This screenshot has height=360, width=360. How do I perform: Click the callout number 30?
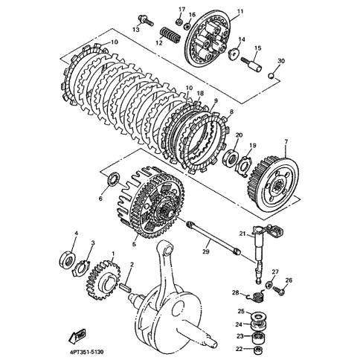click(x=281, y=61)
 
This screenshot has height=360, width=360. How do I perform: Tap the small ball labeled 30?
click(x=272, y=75)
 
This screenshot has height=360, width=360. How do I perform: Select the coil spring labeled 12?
click(x=170, y=34)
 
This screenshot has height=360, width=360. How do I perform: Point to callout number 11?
click(x=240, y=11)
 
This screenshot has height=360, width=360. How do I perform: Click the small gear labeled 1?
click(x=103, y=279)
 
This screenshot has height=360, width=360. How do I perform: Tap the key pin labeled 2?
click(x=126, y=288)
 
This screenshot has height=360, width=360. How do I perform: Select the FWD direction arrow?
click(x=77, y=335)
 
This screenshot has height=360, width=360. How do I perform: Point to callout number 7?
click(x=286, y=142)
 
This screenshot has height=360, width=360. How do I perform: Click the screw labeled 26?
click(x=278, y=290)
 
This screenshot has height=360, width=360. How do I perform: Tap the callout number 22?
click(x=239, y=349)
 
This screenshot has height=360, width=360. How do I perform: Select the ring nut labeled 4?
click(x=68, y=260)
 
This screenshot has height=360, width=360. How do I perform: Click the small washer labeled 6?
click(x=113, y=179)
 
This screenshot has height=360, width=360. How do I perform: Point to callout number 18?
click(x=200, y=93)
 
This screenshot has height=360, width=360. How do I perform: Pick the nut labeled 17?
click(x=179, y=22)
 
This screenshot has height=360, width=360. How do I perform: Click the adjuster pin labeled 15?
click(x=251, y=65)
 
